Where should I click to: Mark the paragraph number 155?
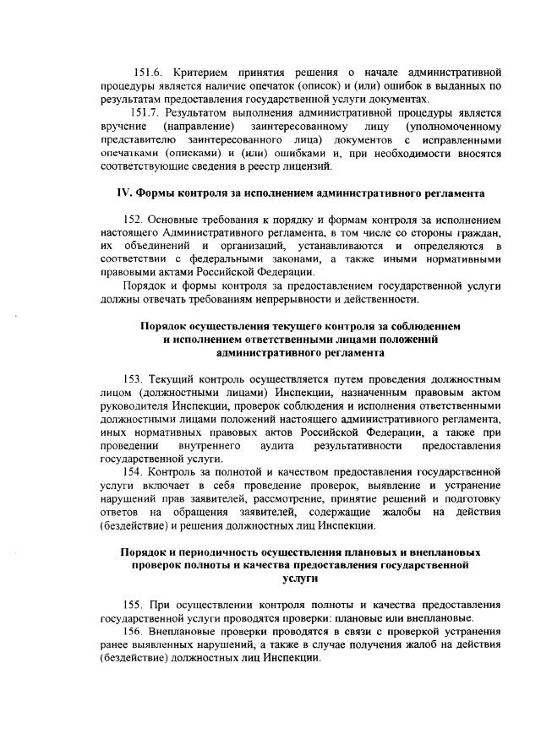[135, 605]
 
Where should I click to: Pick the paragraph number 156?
[135, 632]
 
